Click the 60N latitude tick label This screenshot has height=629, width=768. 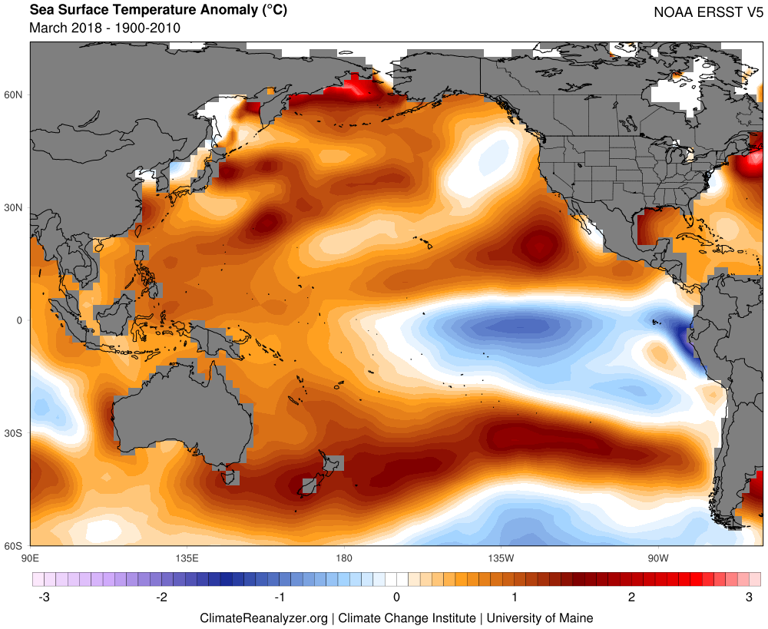click(15, 94)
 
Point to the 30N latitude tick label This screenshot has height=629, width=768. click(15, 207)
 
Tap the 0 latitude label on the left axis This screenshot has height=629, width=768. click(22, 320)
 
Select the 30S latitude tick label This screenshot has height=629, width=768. click(15, 433)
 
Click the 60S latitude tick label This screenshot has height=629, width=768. click(15, 546)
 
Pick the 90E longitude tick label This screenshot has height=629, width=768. click(30, 557)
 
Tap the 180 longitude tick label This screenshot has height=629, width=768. click(343, 557)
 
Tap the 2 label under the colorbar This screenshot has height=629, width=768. click(631, 597)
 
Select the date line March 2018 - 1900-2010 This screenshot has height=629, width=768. click(104, 28)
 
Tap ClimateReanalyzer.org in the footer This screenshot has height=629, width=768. click(263, 617)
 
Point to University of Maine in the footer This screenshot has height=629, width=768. click(540, 617)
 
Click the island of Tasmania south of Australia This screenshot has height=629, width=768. click(228, 478)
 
